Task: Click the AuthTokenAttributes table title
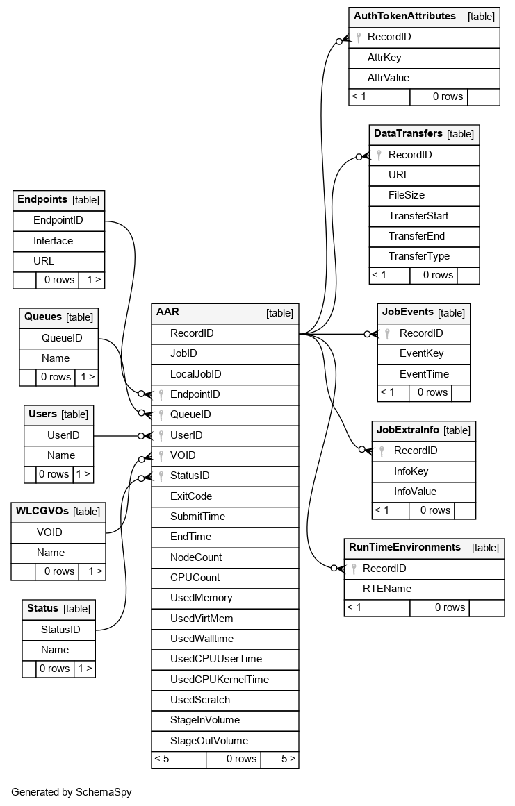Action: (404, 16)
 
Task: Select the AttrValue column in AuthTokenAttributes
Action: (389, 78)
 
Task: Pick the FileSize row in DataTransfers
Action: (407, 195)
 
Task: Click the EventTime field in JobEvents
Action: (424, 373)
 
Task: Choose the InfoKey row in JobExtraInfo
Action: (411, 471)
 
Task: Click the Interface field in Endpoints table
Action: (53, 241)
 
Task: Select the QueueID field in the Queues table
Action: (62, 338)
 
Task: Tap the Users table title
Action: (42, 414)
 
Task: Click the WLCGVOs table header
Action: (42, 511)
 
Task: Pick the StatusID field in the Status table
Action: (60, 630)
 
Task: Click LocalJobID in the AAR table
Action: (195, 373)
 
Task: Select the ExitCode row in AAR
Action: (191, 496)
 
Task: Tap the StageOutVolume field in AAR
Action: (209, 740)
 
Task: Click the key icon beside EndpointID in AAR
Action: (161, 394)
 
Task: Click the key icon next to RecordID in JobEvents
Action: (388, 333)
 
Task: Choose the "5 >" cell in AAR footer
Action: (288, 759)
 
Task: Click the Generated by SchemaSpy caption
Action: (71, 791)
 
